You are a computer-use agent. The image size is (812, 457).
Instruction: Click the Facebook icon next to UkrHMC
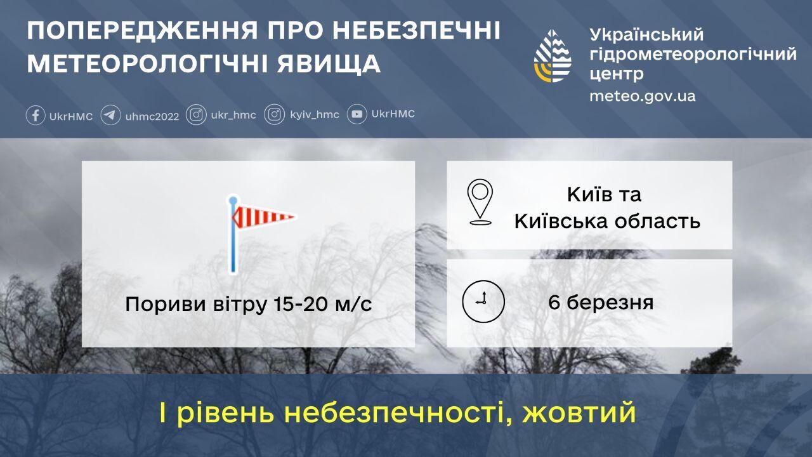[36, 116]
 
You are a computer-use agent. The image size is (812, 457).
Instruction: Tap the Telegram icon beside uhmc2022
[110, 116]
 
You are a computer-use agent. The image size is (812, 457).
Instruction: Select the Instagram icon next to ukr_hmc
[196, 115]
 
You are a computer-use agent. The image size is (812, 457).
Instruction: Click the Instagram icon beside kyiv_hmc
[274, 115]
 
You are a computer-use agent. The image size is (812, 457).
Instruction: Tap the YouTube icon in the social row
[357, 114]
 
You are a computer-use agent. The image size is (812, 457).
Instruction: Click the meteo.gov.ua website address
[642, 96]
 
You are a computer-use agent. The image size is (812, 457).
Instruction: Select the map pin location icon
[480, 202]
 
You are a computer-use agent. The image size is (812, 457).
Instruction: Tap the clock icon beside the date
[483, 300]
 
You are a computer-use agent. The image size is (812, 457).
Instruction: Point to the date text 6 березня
[601, 302]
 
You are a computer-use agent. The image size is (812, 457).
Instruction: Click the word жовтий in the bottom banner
[579, 414]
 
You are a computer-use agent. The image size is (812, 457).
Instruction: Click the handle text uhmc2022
[152, 116]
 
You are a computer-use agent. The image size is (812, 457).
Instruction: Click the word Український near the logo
[646, 34]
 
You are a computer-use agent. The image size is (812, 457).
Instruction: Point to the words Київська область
[607, 221]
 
